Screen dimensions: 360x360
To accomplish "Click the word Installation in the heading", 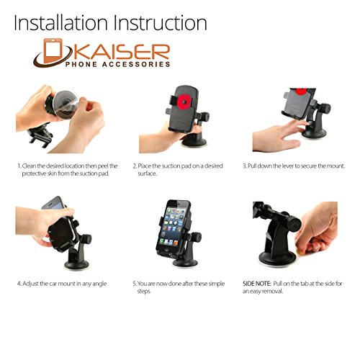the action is tap(60, 22).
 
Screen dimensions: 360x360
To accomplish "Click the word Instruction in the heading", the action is tap(160, 22).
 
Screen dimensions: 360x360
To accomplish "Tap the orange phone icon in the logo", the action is tap(53, 51).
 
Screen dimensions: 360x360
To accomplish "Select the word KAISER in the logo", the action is tap(120, 52).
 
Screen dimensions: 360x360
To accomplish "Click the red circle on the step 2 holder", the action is tap(184, 102).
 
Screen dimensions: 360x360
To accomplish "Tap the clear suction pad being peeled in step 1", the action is tap(66, 104).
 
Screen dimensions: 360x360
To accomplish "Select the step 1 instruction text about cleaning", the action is tap(68, 170).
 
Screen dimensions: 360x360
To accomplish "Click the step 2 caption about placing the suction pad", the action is tap(178, 170).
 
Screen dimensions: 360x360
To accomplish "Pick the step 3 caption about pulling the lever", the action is tap(294, 166).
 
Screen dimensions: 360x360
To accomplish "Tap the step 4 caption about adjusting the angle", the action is tap(62, 284).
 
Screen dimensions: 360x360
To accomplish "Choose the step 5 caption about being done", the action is tap(179, 287).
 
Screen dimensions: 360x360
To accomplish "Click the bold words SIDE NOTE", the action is tap(256, 284).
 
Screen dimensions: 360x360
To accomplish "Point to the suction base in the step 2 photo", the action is tap(194, 141).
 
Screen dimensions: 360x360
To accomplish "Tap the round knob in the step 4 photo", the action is tap(85, 239).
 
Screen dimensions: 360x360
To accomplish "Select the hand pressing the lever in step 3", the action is tap(279, 137).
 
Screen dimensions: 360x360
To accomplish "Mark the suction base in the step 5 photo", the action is tap(185, 262).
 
